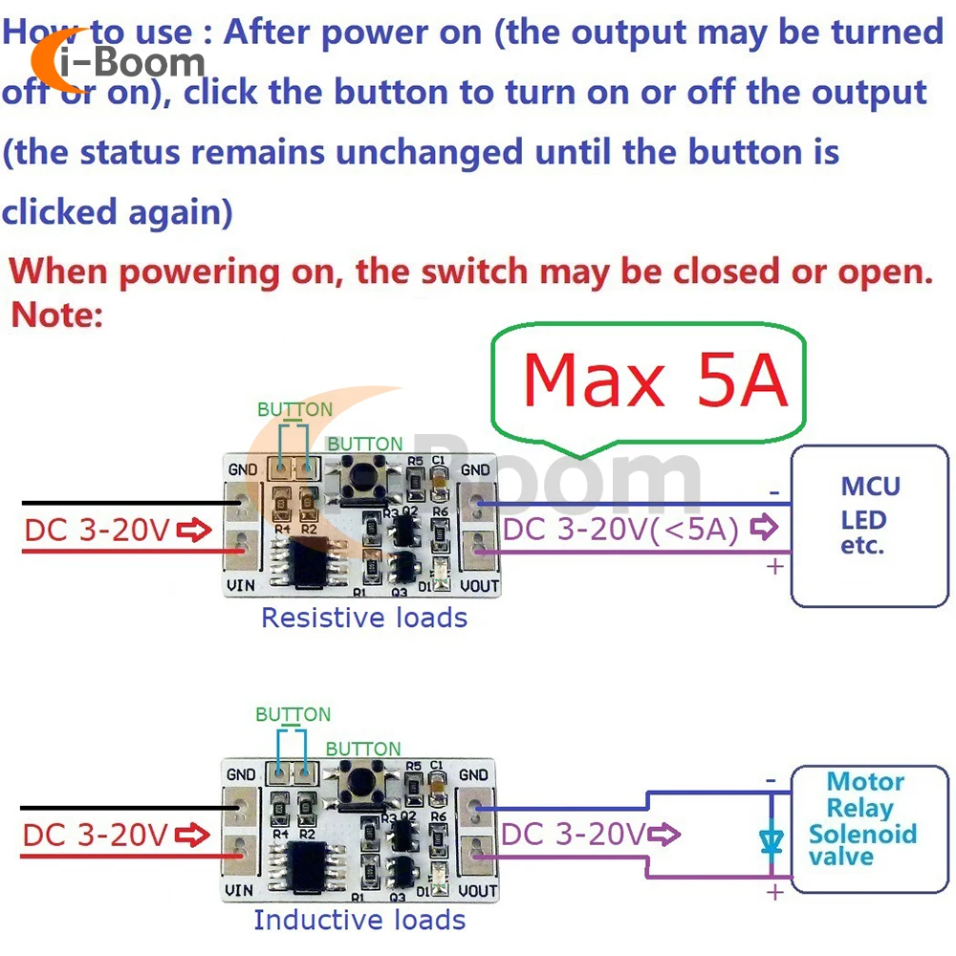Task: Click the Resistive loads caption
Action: coord(364,618)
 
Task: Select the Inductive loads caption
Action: coord(359,920)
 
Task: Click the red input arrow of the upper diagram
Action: coord(193,530)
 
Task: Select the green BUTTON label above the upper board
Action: coord(294,409)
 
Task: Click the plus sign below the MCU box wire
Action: coord(773,567)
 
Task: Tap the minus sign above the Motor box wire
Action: coord(771,779)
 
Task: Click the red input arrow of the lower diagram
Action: coord(193,835)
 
